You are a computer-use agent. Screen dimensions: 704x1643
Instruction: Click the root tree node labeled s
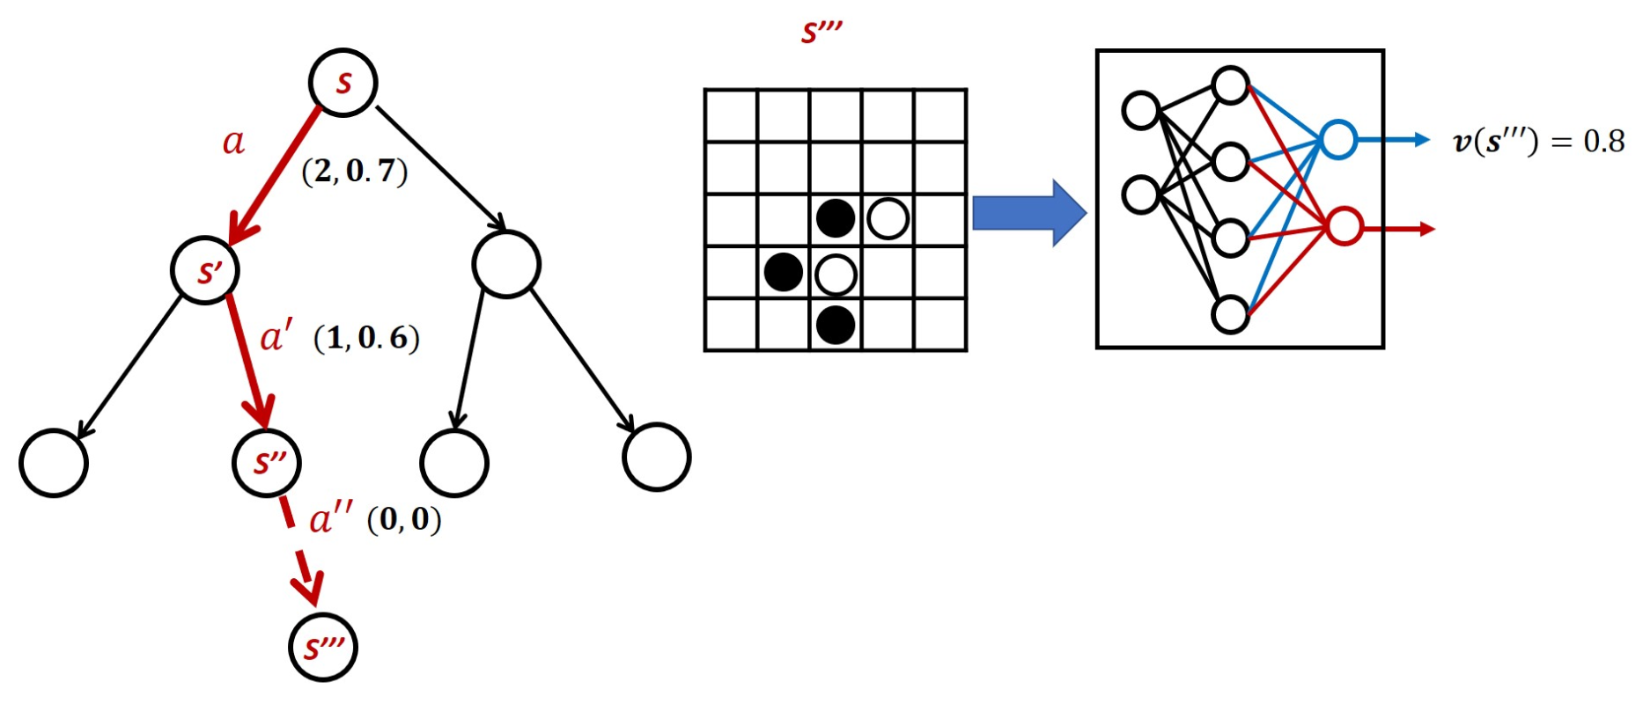(343, 83)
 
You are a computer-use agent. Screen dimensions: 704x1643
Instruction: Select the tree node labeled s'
(206, 271)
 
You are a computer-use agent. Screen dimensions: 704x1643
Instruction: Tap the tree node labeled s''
(267, 463)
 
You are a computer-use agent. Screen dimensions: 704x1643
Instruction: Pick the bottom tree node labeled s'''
(324, 649)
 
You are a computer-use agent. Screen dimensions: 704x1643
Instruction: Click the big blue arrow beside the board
(1028, 213)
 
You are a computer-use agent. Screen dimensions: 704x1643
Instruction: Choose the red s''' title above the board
(821, 32)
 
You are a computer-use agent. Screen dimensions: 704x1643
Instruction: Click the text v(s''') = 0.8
(1537, 142)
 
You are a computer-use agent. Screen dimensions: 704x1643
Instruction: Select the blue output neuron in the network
(1337, 140)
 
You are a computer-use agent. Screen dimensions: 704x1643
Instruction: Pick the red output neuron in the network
(1344, 227)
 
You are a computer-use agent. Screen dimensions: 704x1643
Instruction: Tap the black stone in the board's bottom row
(836, 326)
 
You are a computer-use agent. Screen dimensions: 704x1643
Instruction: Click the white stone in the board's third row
(888, 219)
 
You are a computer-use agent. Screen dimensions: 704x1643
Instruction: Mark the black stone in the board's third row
(836, 219)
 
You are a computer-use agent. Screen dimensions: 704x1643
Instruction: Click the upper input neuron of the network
(1141, 111)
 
